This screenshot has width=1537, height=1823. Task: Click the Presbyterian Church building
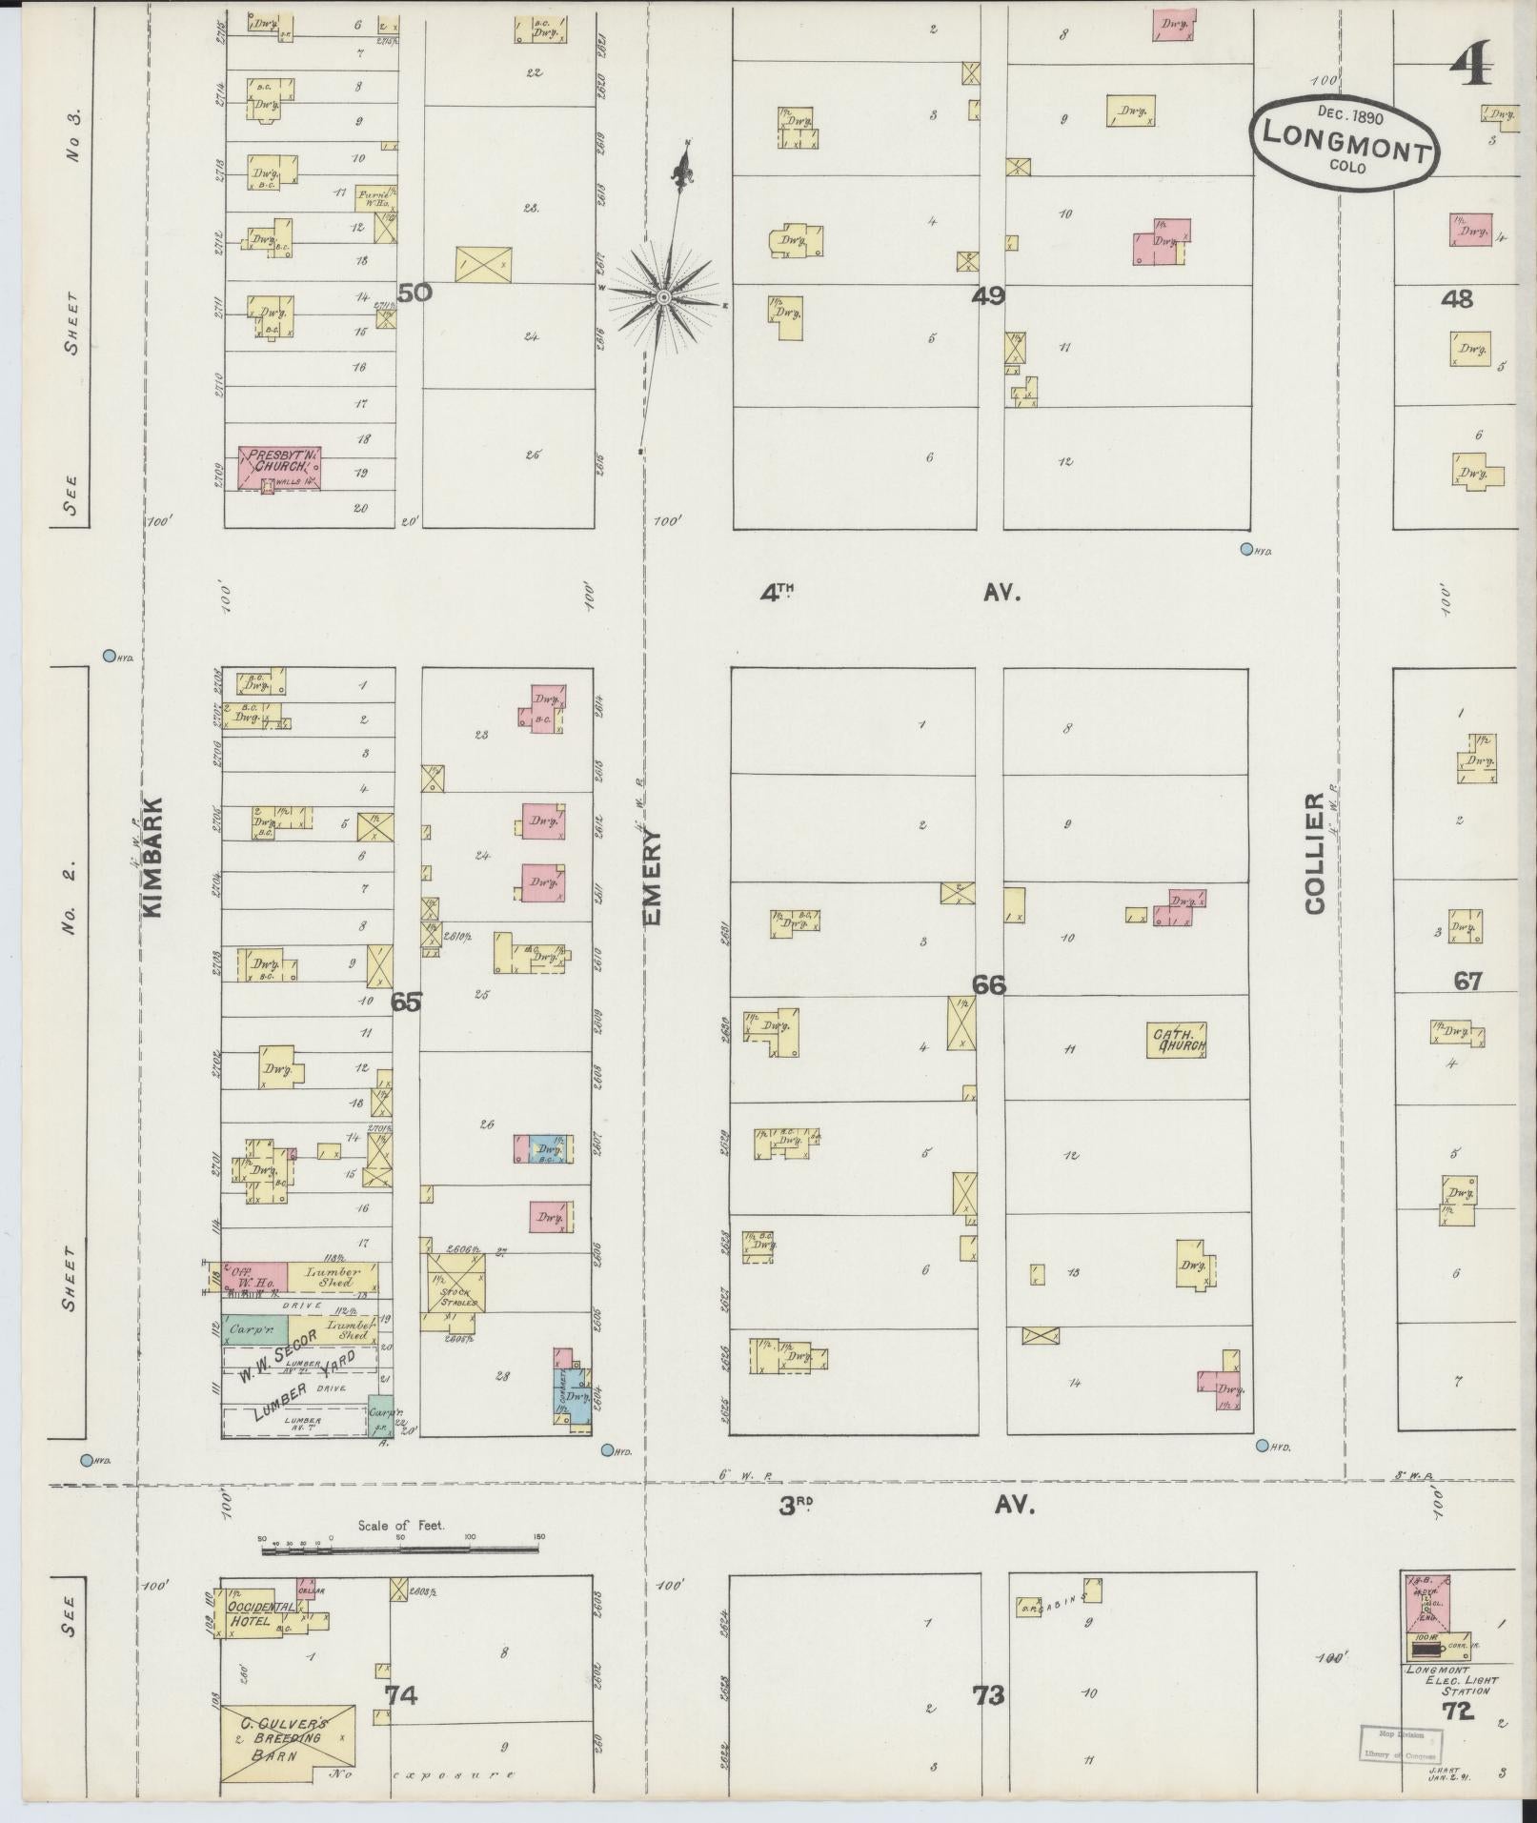tap(278, 468)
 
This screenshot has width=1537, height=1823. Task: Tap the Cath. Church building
tap(1179, 1040)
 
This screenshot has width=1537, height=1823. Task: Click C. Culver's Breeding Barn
tap(288, 1742)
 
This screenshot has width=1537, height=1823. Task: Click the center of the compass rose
tap(664, 299)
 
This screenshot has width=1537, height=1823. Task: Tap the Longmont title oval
tap(1345, 140)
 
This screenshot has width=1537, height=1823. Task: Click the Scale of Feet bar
tap(400, 1551)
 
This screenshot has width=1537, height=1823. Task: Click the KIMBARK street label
tap(154, 857)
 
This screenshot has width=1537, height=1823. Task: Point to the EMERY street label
tap(653, 876)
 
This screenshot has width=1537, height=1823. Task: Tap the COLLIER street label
tap(1316, 853)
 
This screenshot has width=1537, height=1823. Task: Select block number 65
tap(405, 1002)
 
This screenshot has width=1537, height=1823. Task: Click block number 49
tap(988, 296)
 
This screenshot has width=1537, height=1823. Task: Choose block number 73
tap(988, 1695)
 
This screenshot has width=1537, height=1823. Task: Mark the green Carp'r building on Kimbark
tap(254, 1327)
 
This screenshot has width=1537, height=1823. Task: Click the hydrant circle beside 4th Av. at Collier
tap(1246, 549)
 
